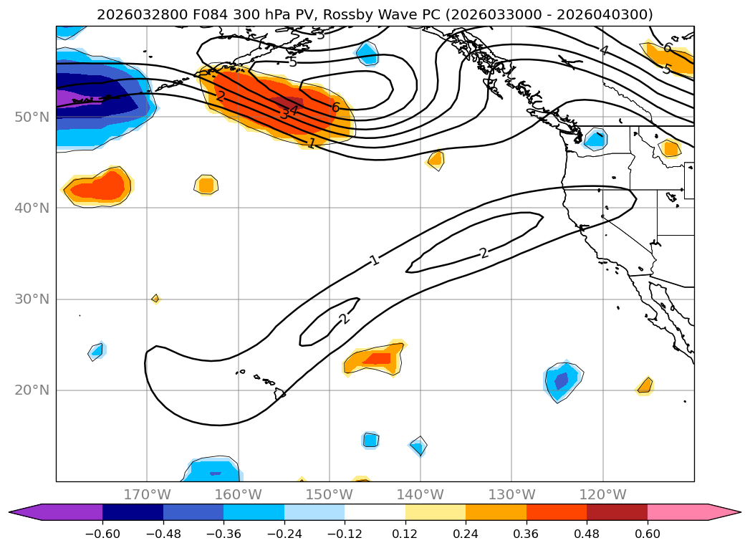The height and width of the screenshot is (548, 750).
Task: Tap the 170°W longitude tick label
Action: tap(147, 494)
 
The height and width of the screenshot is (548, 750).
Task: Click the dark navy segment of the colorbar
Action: tap(133, 512)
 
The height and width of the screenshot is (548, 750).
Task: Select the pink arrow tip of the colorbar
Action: tap(723, 512)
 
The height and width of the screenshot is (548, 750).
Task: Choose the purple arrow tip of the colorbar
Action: tap(25, 512)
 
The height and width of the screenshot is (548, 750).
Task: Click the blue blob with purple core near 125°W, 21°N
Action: tap(562, 380)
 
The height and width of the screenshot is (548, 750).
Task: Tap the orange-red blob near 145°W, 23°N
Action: tap(375, 358)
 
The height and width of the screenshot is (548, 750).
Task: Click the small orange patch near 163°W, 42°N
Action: tap(206, 185)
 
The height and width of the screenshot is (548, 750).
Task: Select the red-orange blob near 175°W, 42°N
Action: tap(98, 188)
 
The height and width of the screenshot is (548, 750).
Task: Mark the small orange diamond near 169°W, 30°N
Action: tap(155, 298)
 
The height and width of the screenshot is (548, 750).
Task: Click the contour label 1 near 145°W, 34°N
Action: tap(374, 261)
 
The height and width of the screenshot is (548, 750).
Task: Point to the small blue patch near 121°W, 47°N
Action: tap(595, 138)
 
